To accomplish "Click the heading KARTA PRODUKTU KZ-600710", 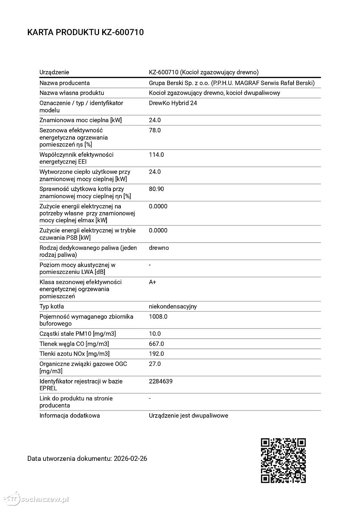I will click(x=85, y=33).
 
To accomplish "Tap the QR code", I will click(x=283, y=460).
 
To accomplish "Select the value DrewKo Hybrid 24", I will click(x=173, y=103).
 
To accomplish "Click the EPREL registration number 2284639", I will click(x=160, y=381).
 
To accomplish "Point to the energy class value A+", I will click(x=152, y=282).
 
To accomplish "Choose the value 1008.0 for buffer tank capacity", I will click(x=158, y=317).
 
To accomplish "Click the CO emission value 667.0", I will click(x=156, y=344).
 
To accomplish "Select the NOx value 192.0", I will click(x=156, y=354).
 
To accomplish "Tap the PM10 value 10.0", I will click(x=155, y=334).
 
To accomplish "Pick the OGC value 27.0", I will click(x=155, y=364).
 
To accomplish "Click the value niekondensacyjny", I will click(x=173, y=307).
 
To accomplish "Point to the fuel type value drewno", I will click(x=159, y=248).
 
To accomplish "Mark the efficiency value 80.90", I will click(x=156, y=189).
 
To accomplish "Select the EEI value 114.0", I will click(x=156, y=155).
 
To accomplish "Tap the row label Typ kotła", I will click(x=52, y=307).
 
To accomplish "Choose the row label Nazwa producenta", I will click(x=64, y=83).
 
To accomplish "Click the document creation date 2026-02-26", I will click(x=130, y=459).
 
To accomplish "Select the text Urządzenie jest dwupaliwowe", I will click(x=188, y=416).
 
